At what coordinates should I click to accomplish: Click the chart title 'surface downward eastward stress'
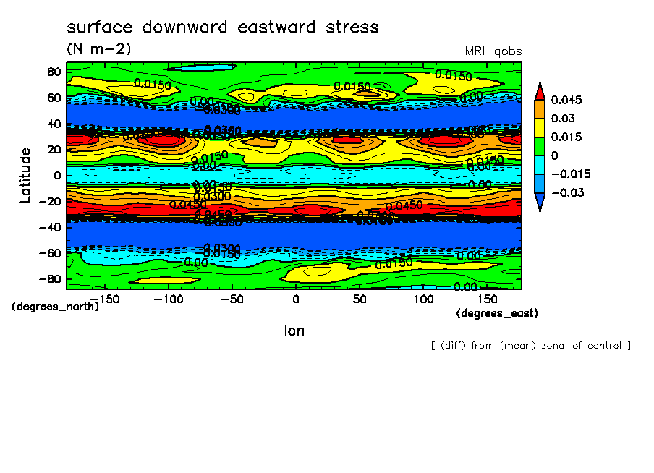(222, 27)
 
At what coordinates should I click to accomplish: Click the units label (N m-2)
(99, 48)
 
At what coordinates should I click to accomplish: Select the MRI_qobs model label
(493, 51)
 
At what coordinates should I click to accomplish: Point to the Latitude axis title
(25, 175)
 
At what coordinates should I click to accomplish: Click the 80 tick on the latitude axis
(54, 72)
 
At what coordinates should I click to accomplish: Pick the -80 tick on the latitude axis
(50, 279)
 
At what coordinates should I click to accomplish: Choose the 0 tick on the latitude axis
(58, 175)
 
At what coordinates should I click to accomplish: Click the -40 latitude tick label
(50, 227)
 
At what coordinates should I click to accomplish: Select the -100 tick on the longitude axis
(167, 299)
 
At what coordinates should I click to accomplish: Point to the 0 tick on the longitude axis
(295, 299)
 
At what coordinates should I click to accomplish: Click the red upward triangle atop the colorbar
(539, 90)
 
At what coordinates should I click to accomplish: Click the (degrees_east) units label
(497, 313)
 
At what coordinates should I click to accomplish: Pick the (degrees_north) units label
(55, 306)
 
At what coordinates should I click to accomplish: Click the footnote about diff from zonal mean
(530, 346)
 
